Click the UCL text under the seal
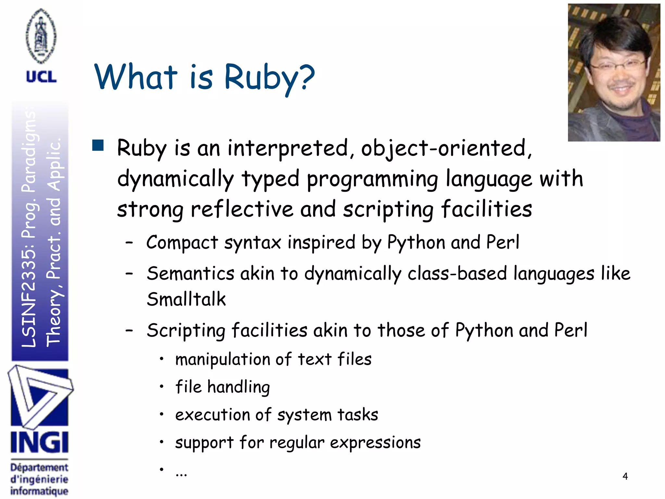click(x=41, y=77)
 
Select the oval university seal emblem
click(x=41, y=36)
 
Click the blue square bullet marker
click(x=98, y=145)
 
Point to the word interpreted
click(x=288, y=148)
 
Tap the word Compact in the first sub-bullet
click(x=182, y=243)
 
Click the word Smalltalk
click(x=186, y=299)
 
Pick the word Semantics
click(x=190, y=273)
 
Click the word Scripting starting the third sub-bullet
click(x=186, y=331)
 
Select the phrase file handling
click(x=222, y=387)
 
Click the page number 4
click(x=625, y=476)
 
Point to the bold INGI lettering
click(x=39, y=442)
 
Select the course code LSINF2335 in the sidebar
click(x=29, y=299)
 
